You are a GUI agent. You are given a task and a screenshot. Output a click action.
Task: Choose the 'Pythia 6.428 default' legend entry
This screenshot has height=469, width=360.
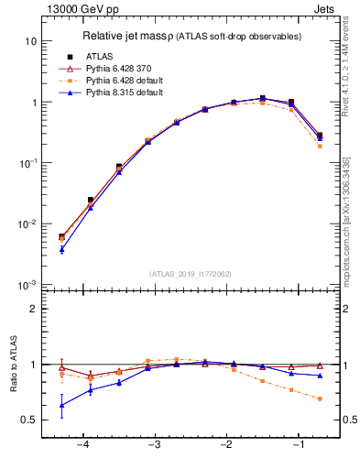click(116, 81)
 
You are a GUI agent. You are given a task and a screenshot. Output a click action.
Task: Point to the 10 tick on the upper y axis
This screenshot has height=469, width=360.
click(31, 42)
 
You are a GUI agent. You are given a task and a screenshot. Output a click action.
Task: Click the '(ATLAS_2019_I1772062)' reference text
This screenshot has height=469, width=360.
click(191, 273)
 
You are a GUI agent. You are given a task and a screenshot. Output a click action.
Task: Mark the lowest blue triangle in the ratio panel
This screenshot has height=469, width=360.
click(61, 405)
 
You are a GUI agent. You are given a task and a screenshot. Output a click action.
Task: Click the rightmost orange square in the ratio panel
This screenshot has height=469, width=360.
click(319, 398)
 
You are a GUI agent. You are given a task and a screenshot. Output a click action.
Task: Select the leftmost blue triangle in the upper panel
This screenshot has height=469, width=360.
click(61, 249)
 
